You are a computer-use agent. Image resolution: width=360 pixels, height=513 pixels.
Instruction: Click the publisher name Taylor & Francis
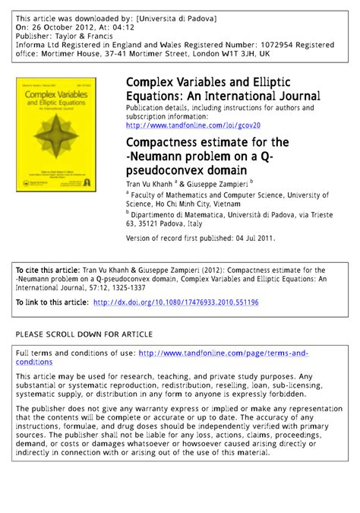coord(93,35)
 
